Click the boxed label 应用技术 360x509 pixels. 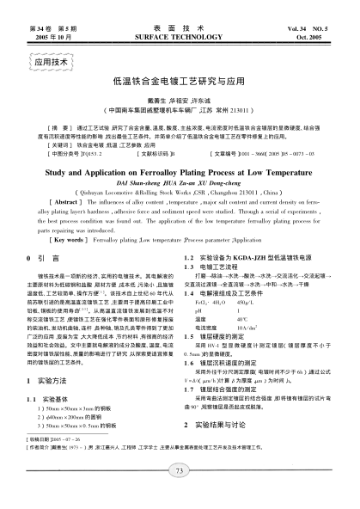pyautogui.click(x=51, y=63)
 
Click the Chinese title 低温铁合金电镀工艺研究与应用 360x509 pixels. pyautogui.click(x=179, y=81)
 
